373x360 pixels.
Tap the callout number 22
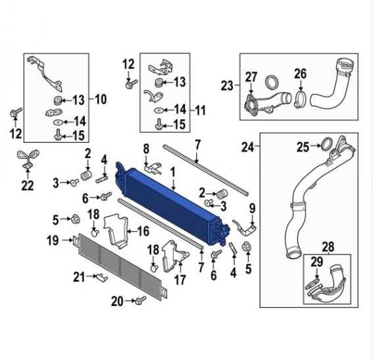coord(28,186)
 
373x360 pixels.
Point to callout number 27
coord(251,77)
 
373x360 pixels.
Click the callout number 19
coord(53,240)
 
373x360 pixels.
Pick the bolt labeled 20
coord(140,300)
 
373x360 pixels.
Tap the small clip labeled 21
coord(102,277)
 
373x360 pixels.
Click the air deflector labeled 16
coord(116,231)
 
